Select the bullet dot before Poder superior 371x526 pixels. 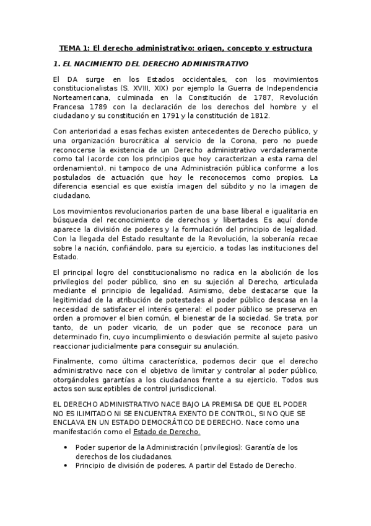[66, 447]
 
